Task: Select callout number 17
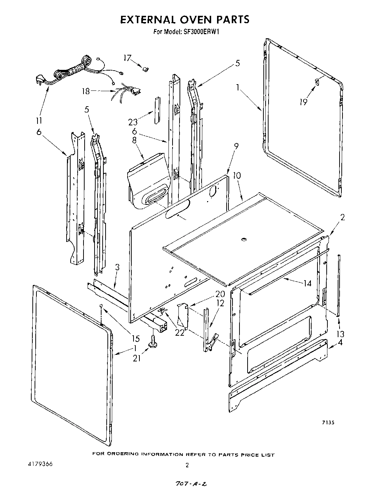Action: click(127, 58)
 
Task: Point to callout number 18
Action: click(86, 91)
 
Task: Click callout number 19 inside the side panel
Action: click(303, 102)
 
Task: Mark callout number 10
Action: click(237, 175)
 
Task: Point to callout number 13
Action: click(341, 334)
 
